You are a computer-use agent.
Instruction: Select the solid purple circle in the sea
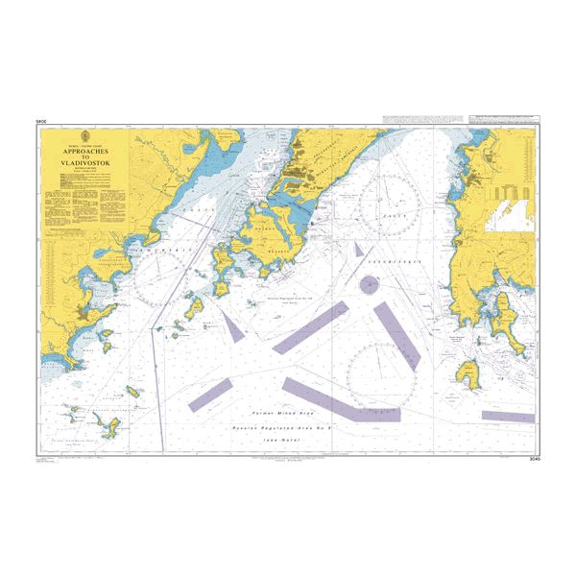pos(369,284)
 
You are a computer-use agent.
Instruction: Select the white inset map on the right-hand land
pos(508,211)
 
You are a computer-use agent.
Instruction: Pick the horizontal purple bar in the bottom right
pos(507,417)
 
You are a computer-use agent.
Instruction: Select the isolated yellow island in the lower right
pos(469,370)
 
